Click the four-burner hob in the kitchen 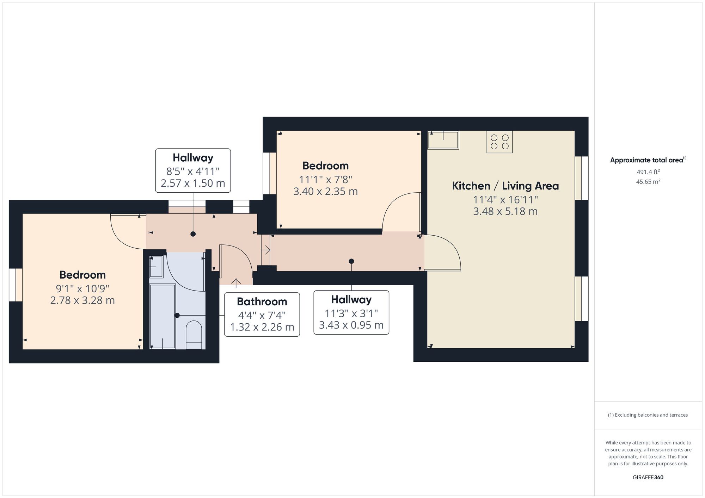coord(499,142)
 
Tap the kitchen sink coord(443,140)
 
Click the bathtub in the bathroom coord(163,316)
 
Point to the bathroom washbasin coord(156,267)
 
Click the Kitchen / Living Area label coord(505,186)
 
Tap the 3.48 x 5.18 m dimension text coord(505,211)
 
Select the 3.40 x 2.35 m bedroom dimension coord(325,192)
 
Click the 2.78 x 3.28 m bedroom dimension coord(82,300)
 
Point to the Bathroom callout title coord(262,301)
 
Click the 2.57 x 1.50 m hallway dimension coord(193,183)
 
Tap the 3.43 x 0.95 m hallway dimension coord(351,325)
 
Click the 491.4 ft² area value coord(648,172)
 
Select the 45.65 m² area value coord(648,182)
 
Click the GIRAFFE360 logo coord(648,478)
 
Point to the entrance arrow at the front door coord(236,282)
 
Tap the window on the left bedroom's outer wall coord(16,285)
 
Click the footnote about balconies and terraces coord(648,415)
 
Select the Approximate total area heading coord(648,160)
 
